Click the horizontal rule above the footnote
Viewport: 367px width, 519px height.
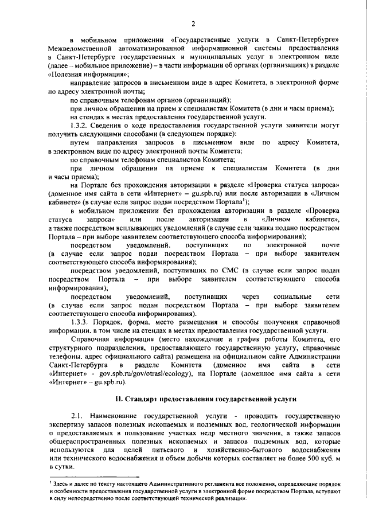[x=94, y=477]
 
